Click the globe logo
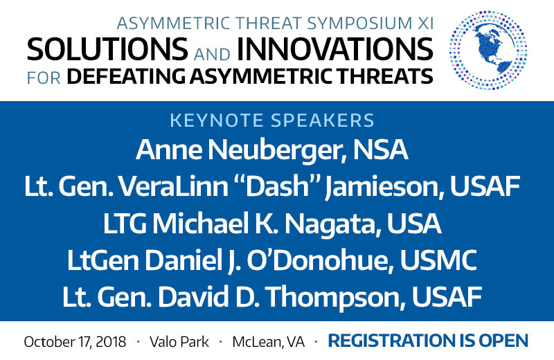click(x=488, y=50)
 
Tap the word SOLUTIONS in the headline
click(x=107, y=49)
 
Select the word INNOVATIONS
click(x=334, y=49)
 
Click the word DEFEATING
click(x=126, y=76)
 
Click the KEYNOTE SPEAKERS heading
click(x=272, y=120)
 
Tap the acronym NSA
click(x=380, y=150)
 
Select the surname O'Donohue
click(x=320, y=260)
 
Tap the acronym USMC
click(x=438, y=260)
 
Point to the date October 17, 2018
click(x=75, y=341)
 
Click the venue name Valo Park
click(x=179, y=341)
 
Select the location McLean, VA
click(x=269, y=341)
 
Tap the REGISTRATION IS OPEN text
click(x=428, y=341)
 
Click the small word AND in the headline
click(x=212, y=55)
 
